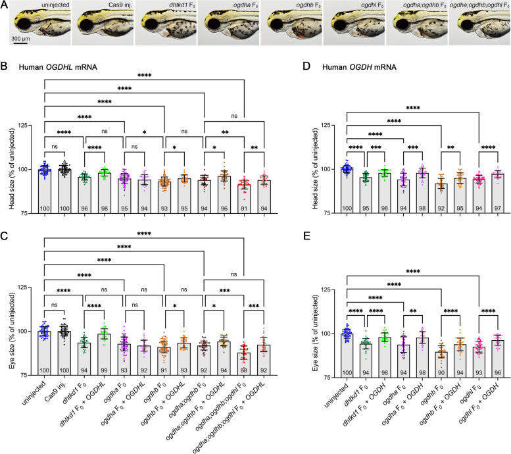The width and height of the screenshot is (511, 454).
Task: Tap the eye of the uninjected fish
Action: (x=22, y=26)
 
